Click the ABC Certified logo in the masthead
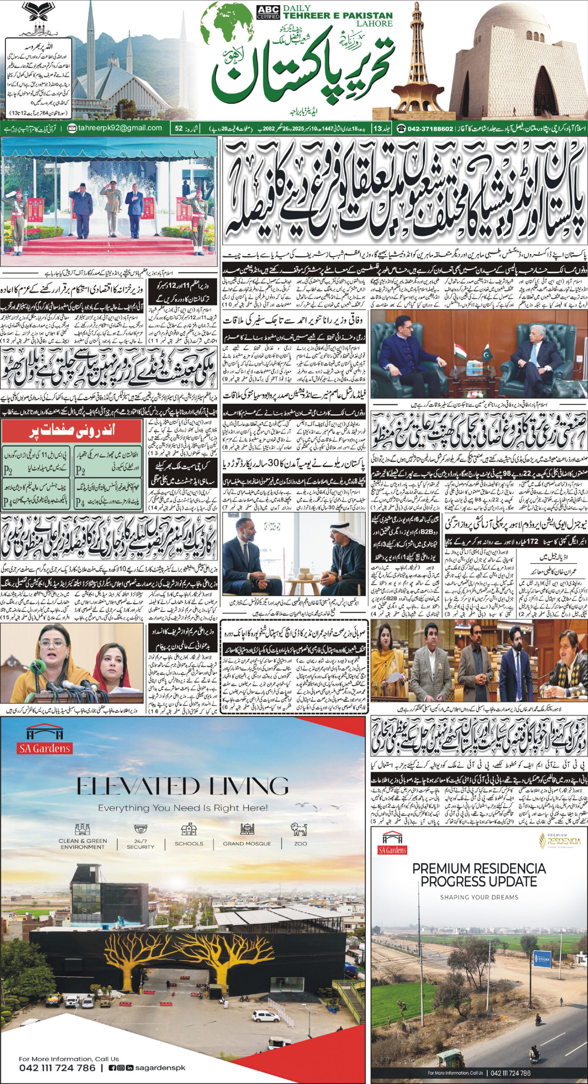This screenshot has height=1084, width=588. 268,12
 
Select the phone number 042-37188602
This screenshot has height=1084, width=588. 431,128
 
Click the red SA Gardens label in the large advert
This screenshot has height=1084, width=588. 44,748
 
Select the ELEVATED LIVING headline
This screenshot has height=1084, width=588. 183,786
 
